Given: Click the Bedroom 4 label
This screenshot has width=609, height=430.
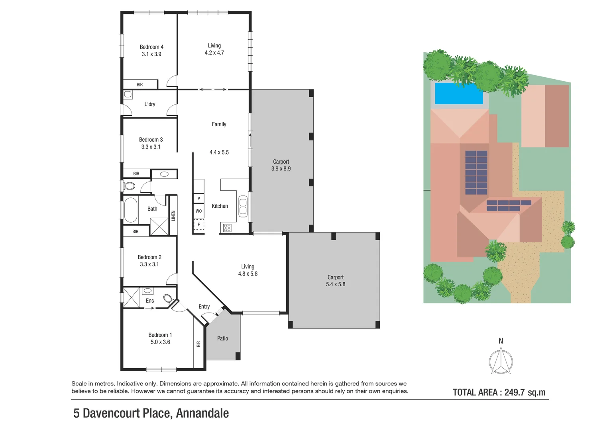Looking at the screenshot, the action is (151, 47).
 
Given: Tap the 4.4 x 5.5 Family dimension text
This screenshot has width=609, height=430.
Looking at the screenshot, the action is (219, 152).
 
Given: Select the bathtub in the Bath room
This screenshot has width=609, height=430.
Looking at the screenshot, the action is (131, 210).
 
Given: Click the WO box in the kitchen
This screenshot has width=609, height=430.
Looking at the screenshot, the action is (199, 211).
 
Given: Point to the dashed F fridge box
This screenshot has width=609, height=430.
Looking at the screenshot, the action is (199, 225).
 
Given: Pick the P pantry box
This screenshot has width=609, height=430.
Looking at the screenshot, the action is (199, 199).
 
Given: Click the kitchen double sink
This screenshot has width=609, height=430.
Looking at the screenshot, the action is (243, 207).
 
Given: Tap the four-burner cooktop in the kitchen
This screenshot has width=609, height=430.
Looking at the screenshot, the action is (227, 228).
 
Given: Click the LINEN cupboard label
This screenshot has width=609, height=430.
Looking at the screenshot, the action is (173, 215).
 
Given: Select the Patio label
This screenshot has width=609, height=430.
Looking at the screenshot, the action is (222, 338).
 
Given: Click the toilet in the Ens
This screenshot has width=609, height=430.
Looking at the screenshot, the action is (169, 298).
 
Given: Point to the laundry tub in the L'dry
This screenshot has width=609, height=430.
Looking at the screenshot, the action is (128, 94).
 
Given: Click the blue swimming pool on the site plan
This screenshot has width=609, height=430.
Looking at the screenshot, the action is (459, 94).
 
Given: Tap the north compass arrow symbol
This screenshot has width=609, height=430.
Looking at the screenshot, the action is (501, 360).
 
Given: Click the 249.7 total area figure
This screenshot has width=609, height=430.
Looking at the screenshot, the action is (515, 393).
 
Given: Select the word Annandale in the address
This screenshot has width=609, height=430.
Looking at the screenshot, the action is (202, 413).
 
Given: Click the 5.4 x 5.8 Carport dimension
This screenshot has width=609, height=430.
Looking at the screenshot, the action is (336, 284).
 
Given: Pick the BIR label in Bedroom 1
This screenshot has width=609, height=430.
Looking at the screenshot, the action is (198, 344).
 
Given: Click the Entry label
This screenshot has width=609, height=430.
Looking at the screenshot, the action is (204, 307).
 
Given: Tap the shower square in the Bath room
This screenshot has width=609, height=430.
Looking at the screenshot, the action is (159, 227).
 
